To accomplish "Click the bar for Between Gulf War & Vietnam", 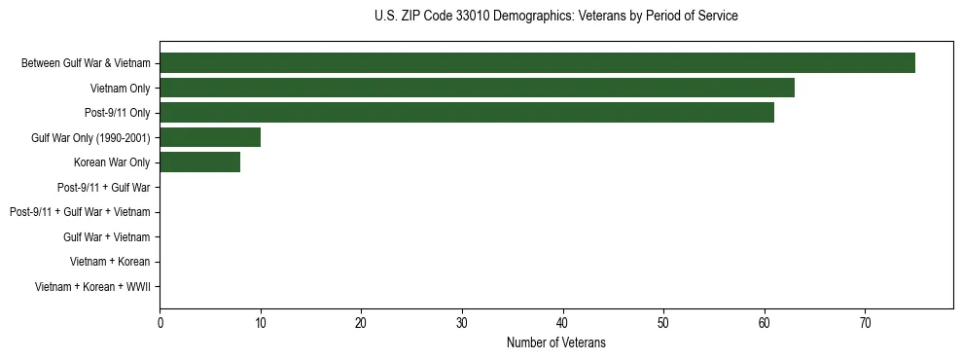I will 537,63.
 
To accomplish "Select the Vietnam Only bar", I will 477,88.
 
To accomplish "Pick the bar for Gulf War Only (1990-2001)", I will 210,137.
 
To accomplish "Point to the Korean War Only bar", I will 199,162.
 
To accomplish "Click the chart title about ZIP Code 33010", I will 555,17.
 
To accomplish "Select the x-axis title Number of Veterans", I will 555,342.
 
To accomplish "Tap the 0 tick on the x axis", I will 160,323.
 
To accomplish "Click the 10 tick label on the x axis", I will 261,323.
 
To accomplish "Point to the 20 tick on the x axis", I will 361,323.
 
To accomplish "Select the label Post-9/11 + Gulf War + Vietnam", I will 80,212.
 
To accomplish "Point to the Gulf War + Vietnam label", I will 107,236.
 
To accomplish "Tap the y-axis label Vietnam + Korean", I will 110,262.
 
